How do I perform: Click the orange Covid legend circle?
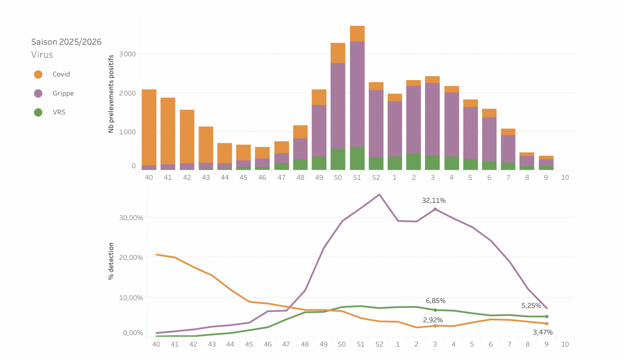click(38, 74)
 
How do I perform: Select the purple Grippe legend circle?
click(38, 93)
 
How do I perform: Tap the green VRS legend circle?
click(38, 113)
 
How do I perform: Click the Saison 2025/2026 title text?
click(66, 42)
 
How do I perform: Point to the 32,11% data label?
click(434, 200)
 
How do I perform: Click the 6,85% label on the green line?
click(436, 301)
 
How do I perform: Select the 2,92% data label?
click(433, 320)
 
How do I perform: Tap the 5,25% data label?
click(531, 305)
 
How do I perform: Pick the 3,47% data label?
click(543, 332)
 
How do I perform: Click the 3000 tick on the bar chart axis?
click(127, 54)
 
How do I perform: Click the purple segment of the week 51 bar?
click(357, 93)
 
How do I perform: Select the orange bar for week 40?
click(149, 127)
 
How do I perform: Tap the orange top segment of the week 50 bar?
click(338, 53)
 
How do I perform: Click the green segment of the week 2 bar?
click(414, 162)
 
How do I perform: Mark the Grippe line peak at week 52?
click(380, 194)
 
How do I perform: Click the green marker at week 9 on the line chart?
click(547, 316)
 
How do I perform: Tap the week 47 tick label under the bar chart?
click(281, 177)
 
